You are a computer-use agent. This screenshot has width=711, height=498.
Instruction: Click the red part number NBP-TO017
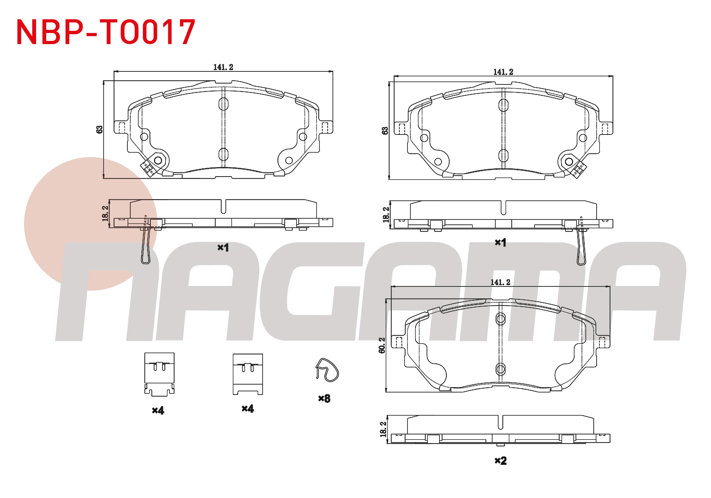[106, 32]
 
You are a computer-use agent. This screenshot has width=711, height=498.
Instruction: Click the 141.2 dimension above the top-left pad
[223, 67]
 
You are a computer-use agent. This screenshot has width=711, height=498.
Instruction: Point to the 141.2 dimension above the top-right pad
[503, 72]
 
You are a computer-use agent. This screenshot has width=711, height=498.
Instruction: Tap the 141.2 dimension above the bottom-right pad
[500, 282]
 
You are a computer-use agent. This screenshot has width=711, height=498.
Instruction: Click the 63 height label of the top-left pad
[99, 130]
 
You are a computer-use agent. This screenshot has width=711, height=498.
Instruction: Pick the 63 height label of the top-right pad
[385, 131]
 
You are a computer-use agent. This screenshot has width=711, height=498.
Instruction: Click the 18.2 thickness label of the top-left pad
[105, 214]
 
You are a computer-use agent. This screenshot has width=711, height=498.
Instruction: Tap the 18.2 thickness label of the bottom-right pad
[383, 429]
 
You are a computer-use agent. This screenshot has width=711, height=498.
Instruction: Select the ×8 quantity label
[324, 399]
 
